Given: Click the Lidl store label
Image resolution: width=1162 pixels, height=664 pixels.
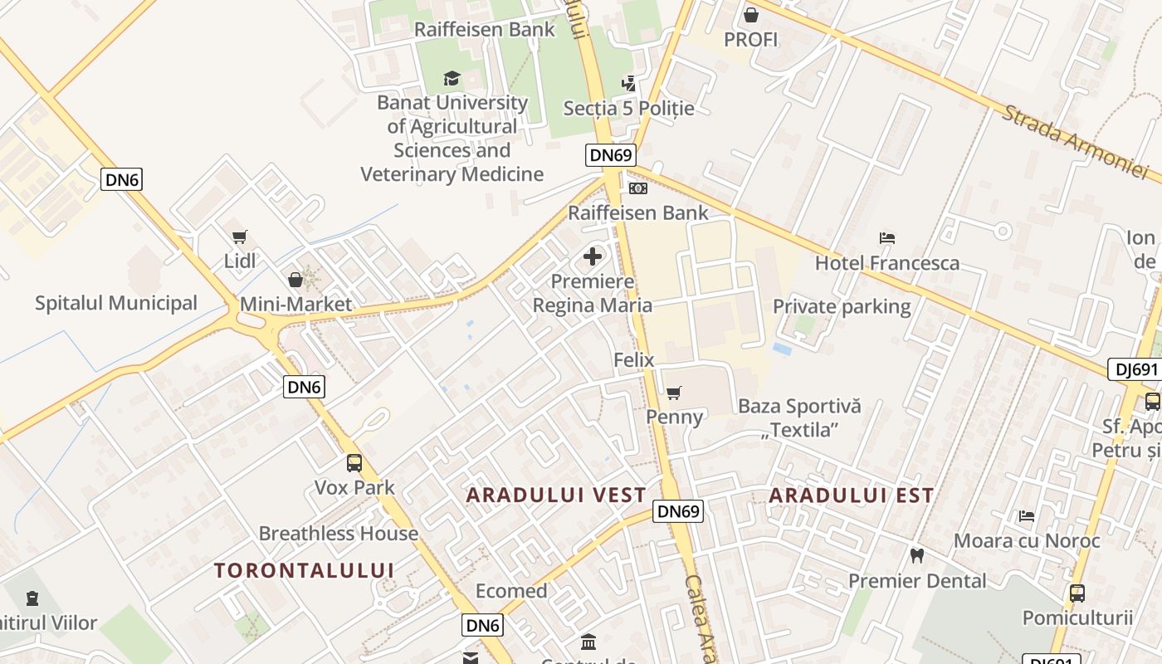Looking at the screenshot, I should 240,261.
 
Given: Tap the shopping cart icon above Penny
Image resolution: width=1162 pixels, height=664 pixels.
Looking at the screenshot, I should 674,393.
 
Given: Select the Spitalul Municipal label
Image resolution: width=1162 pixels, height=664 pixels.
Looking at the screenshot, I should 116,303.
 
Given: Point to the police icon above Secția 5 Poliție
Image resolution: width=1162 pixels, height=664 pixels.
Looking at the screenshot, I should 628,83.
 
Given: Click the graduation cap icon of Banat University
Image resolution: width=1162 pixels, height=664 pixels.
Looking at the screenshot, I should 452,78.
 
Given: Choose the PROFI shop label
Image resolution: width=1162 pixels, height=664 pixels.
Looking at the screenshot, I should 750,40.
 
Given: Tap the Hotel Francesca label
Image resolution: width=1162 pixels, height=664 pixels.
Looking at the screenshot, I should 886,263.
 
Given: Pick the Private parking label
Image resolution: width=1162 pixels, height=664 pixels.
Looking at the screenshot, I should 842,307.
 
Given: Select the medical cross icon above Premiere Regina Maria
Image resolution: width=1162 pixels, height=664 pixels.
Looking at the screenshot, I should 593,256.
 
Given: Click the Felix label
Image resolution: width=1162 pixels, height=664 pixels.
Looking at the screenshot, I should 634,360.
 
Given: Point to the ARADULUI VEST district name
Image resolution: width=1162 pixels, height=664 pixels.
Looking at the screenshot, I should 556,496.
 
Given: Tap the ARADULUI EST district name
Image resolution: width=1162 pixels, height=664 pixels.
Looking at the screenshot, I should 851,496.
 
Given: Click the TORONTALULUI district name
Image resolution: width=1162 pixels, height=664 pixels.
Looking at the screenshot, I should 304,570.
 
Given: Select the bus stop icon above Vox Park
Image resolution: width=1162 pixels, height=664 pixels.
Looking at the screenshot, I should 354,462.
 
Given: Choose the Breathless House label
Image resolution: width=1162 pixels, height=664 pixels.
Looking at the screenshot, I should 339,534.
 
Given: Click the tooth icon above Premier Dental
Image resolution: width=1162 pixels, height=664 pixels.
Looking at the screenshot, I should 917,555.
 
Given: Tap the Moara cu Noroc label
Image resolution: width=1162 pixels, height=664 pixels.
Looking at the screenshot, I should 1027,541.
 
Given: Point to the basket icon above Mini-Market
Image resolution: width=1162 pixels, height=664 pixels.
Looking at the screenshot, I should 295,280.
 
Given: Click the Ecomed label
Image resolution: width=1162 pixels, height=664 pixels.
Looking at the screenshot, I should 511,592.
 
